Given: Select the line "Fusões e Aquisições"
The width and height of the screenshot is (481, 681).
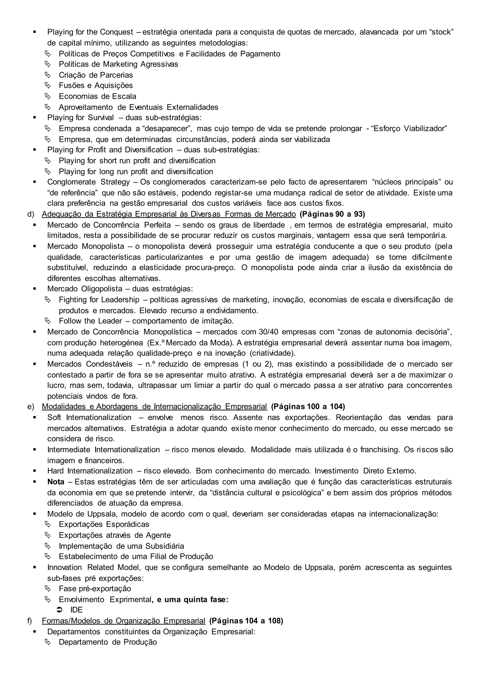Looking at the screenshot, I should coord(96,85).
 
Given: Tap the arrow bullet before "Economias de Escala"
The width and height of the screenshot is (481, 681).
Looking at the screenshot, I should coord(48,96).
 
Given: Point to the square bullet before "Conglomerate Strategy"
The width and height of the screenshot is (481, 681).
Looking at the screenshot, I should coord(35,182).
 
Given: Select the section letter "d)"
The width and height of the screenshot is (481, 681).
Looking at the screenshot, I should coord(31,214).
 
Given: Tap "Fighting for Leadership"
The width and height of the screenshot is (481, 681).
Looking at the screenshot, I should coord(99,300).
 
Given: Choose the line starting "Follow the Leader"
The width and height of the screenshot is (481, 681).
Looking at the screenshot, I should coord(146,321).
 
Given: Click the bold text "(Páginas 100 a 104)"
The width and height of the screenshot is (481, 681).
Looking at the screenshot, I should coord(308,406).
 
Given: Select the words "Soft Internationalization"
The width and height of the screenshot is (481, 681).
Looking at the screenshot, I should coord(89,417).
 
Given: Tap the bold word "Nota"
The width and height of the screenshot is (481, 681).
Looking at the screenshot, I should coord(56,482).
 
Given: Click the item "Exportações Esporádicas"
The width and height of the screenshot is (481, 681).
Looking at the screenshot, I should coord(104,524).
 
